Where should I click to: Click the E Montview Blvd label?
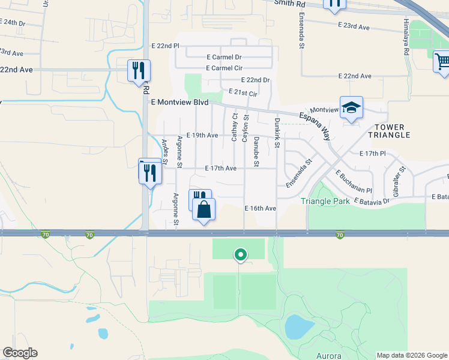180,103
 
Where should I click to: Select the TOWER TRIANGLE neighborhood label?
393,131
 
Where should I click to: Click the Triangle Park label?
325,202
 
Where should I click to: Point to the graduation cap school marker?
351,108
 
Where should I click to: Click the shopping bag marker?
204,210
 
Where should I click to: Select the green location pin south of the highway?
240,255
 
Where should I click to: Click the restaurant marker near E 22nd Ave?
139,70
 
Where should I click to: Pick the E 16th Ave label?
260,208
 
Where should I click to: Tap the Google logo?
20,353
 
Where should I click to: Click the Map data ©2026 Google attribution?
412,355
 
